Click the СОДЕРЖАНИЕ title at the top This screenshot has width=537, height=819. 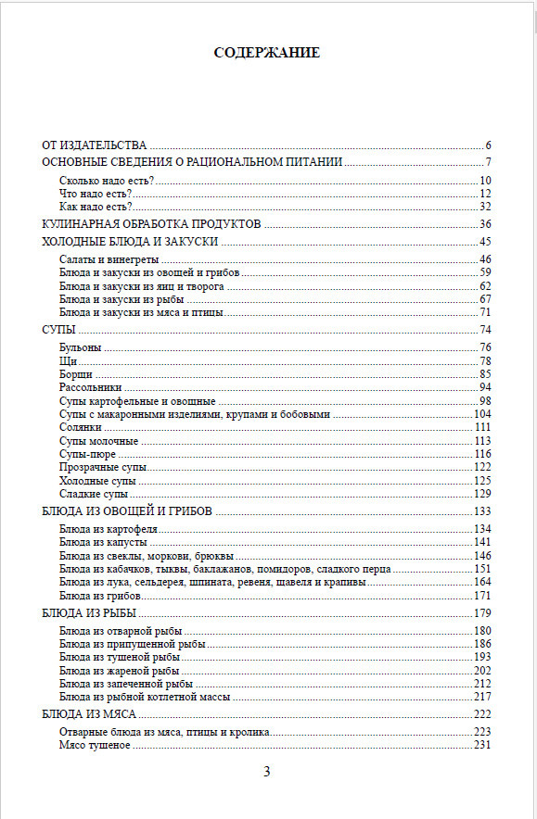(x=267, y=53)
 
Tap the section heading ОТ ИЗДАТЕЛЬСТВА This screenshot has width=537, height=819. (x=95, y=145)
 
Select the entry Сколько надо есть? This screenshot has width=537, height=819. (x=106, y=181)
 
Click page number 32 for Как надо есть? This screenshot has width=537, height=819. (x=484, y=207)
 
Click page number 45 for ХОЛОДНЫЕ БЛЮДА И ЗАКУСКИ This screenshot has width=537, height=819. (x=484, y=242)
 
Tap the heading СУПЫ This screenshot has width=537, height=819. (x=59, y=330)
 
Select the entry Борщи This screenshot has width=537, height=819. (x=75, y=373)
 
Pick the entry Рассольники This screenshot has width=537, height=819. (x=88, y=387)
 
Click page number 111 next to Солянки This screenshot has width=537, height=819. (x=482, y=427)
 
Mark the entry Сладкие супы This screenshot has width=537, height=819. (x=94, y=495)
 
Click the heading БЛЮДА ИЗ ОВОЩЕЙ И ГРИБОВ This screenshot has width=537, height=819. (x=128, y=511)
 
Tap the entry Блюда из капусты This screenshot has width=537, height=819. (x=104, y=542)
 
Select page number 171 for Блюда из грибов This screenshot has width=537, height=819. (x=482, y=596)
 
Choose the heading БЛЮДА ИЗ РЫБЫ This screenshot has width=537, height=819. (x=90, y=613)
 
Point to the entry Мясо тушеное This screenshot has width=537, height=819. (x=94, y=746)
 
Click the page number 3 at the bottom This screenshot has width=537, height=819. (x=267, y=772)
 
